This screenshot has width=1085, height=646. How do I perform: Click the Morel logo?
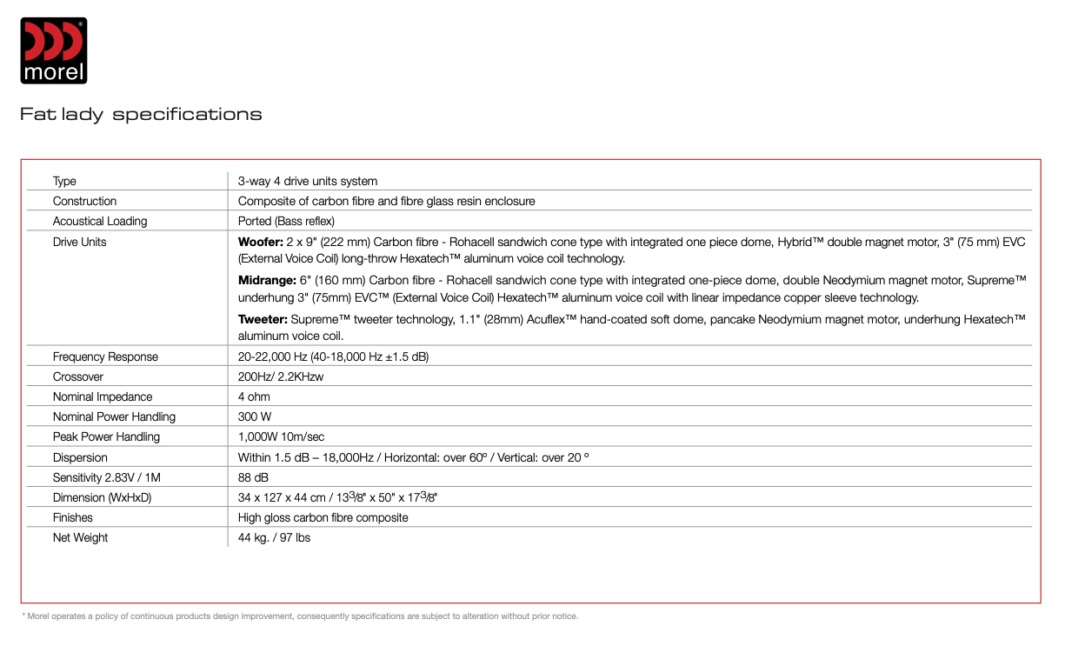pos(54,51)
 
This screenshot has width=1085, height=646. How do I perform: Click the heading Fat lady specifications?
pos(141,114)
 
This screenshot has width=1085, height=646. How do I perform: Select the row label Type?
pos(64,181)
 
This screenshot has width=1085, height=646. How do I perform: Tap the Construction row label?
pos(84,201)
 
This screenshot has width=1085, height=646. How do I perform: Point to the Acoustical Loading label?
pos(100,221)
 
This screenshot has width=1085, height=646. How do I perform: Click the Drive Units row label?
pos(79,242)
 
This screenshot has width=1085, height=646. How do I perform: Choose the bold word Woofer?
pos(260,242)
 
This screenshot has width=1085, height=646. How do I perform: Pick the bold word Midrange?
pos(266,281)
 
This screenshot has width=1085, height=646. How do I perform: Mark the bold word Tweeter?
pos(263,320)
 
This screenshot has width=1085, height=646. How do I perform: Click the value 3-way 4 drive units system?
pos(308,181)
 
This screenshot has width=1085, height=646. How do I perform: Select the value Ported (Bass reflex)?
pos(286,221)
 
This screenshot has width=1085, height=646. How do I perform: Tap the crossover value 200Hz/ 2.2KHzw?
pos(280,376)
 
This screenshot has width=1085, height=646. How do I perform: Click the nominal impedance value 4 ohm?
pos(254,396)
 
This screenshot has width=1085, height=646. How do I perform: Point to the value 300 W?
pos(254,416)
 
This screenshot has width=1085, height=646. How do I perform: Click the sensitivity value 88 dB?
pos(254,477)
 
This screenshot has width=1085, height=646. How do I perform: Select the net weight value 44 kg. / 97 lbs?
pos(274,537)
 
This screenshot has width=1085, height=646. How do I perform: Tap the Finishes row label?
pos(72,517)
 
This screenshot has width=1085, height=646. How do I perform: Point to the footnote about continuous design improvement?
pos(300,616)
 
